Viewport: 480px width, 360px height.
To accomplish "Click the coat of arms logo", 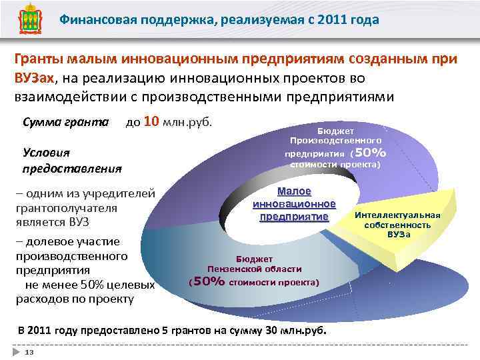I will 27,21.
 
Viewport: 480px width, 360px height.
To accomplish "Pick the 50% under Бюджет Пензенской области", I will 208,282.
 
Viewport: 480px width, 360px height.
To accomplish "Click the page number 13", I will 29,351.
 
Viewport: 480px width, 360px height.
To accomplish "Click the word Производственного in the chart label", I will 336,141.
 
